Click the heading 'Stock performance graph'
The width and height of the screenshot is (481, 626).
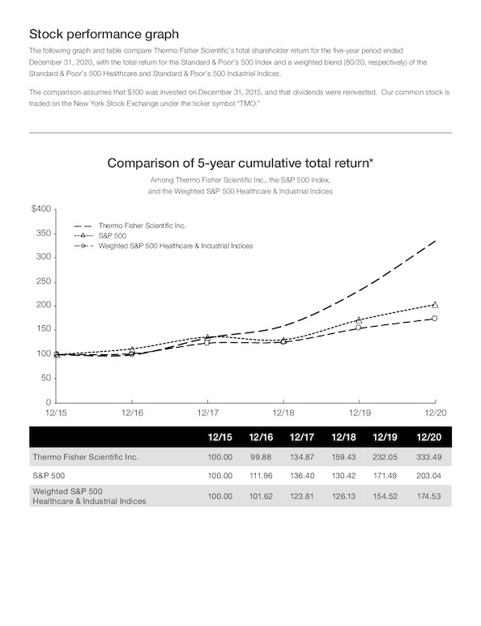coord(104,34)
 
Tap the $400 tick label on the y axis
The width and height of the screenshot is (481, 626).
coord(41,209)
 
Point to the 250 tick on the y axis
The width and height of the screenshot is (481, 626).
coord(44,281)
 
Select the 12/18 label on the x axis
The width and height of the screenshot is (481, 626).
coord(283,412)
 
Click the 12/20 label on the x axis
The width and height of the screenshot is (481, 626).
coord(436,412)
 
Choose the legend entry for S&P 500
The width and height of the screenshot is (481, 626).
coord(100,235)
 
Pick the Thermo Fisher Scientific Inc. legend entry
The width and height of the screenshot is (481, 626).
coord(130,226)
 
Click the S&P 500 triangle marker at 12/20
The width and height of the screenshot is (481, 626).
coord(435,305)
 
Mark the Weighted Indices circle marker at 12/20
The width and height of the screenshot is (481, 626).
coord(435,318)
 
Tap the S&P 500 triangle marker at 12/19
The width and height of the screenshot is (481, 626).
coord(359,319)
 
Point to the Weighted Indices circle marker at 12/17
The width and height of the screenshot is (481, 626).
coord(207,343)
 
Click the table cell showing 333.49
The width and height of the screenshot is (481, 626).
coord(428,457)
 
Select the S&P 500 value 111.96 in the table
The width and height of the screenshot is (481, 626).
coord(261,476)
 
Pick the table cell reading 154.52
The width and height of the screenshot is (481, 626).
coord(385,497)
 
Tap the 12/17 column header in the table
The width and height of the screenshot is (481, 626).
coord(302,438)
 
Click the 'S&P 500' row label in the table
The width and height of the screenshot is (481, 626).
coord(49,476)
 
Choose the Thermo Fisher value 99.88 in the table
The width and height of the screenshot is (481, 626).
coord(261,457)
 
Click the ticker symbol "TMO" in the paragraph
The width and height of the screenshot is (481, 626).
coord(243,104)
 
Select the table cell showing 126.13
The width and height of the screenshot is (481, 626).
coord(344,497)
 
